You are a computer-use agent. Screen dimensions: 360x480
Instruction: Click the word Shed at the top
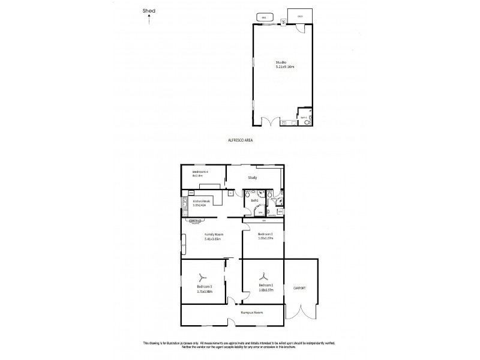(x=149, y=10)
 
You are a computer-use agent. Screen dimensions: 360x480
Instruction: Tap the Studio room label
(x=280, y=62)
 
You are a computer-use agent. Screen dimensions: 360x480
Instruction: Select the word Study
(x=255, y=178)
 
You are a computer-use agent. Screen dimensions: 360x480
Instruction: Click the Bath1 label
(x=254, y=200)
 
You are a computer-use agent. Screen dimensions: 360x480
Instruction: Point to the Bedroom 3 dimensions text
(x=205, y=292)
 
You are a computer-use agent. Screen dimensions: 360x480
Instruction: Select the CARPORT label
(x=299, y=289)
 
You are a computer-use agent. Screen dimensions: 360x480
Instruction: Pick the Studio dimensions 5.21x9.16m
(x=280, y=68)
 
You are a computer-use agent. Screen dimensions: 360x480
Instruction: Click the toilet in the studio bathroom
(x=307, y=122)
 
